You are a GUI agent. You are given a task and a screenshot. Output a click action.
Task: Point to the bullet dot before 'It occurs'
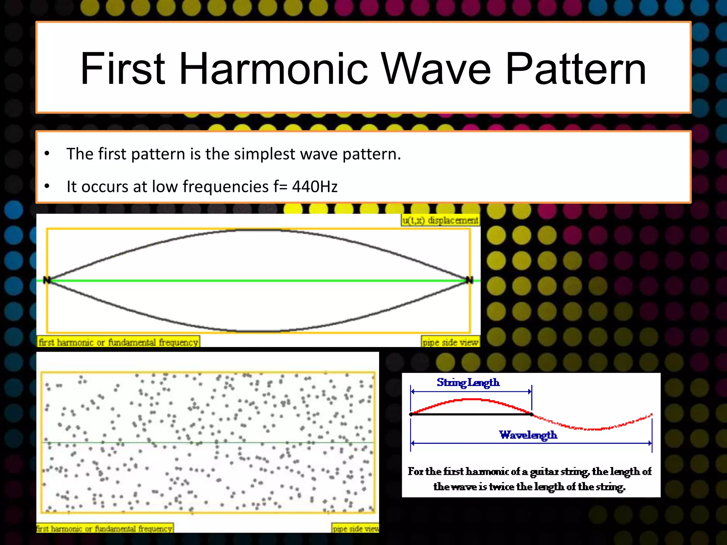(x=47, y=186)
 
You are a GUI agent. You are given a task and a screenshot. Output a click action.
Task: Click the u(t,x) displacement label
(x=440, y=220)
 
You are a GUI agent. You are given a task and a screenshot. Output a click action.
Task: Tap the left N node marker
(x=47, y=280)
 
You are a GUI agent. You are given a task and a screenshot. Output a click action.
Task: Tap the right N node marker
(x=469, y=280)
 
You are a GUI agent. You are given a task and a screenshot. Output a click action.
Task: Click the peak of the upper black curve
(x=258, y=230)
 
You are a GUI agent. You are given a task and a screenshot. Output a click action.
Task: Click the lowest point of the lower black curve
(x=258, y=331)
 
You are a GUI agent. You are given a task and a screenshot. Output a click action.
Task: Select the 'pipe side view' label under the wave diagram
(x=450, y=342)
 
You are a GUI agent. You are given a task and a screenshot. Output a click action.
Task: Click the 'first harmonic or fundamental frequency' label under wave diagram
(x=118, y=342)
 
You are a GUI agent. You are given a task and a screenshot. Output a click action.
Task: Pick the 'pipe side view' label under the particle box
(x=356, y=529)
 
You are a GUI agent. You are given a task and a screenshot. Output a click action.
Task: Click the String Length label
(x=468, y=382)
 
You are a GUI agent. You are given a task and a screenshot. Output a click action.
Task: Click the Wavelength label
(x=528, y=435)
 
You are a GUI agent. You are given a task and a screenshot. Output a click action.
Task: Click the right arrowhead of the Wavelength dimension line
(x=650, y=443)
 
